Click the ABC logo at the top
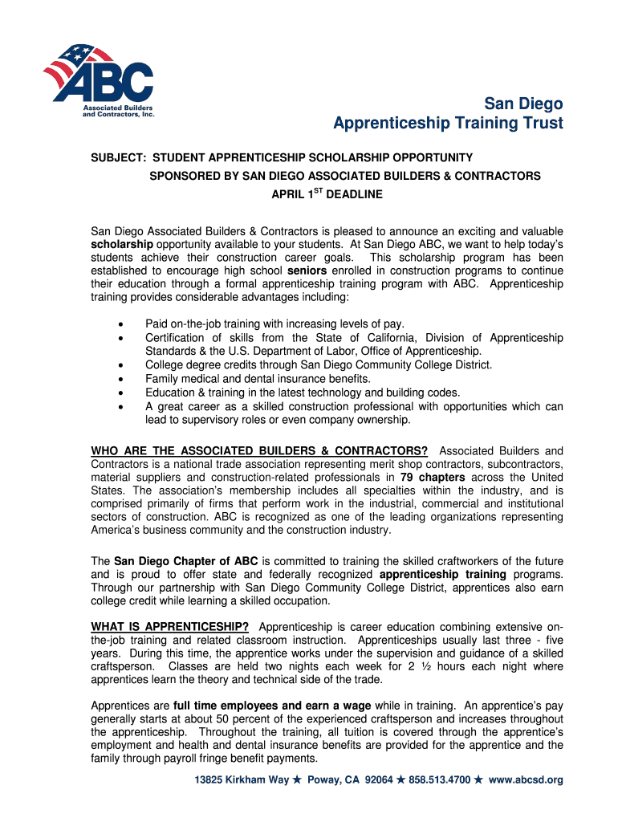pyautogui.click(x=98, y=78)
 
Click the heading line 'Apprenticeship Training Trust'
pyautogui.click(x=448, y=124)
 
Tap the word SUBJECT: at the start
pyautogui.click(x=118, y=158)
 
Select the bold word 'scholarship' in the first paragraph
pyautogui.click(x=122, y=244)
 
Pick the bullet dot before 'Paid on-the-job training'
pyautogui.click(x=120, y=325)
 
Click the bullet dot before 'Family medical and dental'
pyautogui.click(x=120, y=379)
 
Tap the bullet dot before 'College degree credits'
pyautogui.click(x=120, y=365)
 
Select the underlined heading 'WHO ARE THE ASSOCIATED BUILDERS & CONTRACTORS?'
pyautogui.click(x=259, y=450)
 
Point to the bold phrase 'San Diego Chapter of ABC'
pyautogui.click(x=186, y=561)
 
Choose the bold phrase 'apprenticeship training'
pyautogui.click(x=442, y=575)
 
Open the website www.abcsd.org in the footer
pyautogui.click(x=526, y=779)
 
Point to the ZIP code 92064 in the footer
pyautogui.click(x=379, y=779)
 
